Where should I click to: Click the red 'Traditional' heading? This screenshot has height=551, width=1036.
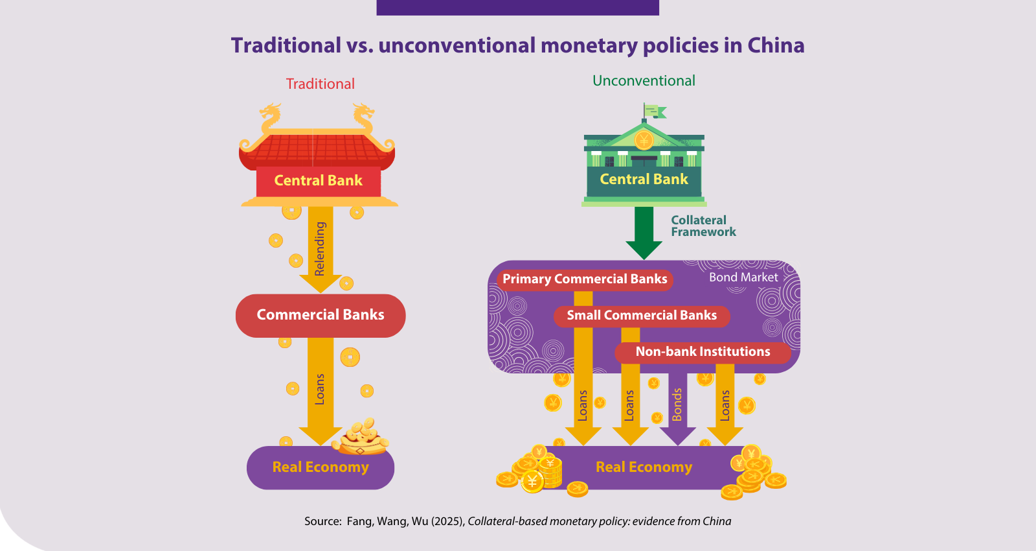[x=320, y=84]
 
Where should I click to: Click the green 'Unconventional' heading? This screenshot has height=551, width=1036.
[x=644, y=80]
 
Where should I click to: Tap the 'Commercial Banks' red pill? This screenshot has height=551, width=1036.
[x=321, y=315]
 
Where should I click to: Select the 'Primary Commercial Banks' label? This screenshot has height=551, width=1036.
[x=585, y=279]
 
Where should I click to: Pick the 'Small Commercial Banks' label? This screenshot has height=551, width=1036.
[x=642, y=316]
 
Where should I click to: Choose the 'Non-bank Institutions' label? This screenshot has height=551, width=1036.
[x=703, y=352]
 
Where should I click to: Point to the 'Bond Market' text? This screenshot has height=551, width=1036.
[x=743, y=277]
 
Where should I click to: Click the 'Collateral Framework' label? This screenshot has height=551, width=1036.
[x=703, y=226]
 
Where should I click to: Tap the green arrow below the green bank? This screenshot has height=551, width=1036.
[x=644, y=233]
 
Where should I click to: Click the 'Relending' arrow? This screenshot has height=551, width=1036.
[x=321, y=249]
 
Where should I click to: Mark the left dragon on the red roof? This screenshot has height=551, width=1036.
[x=271, y=118]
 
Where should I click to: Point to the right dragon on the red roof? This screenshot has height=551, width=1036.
[x=363, y=118]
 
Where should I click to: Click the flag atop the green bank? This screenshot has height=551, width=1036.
[x=655, y=111]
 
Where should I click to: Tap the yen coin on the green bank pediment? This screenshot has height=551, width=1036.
[x=644, y=140]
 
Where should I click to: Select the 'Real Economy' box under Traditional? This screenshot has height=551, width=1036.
[x=321, y=467]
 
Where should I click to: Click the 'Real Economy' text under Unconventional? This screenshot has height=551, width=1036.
[x=644, y=467]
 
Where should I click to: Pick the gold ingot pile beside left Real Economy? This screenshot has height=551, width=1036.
[x=361, y=437]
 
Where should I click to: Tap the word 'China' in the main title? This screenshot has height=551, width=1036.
[x=776, y=45]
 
